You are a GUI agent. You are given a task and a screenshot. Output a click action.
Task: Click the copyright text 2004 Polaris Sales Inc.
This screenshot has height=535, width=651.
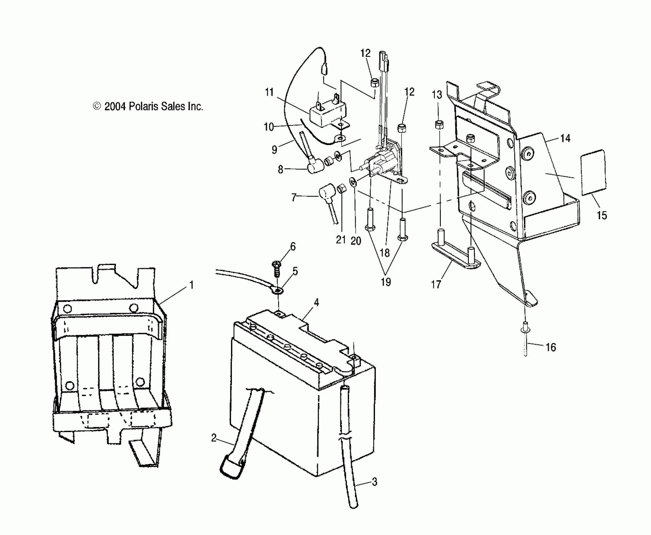coord(148,107)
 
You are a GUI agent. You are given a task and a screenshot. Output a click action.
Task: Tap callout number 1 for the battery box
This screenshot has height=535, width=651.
coord(191,285)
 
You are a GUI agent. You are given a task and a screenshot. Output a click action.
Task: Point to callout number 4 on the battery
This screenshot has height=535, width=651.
coord(316,302)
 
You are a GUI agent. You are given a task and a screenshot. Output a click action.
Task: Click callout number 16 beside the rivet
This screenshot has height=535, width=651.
coord(550,347)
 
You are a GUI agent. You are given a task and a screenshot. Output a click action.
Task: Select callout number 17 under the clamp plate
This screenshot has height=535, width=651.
coord(436,284)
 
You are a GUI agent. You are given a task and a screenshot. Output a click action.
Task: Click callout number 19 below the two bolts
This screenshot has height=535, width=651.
coord(386,282)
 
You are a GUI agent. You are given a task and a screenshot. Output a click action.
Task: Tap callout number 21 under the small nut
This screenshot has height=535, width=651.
coord(341,240)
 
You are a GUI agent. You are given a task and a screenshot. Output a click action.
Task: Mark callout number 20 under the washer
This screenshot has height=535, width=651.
coord(356,241)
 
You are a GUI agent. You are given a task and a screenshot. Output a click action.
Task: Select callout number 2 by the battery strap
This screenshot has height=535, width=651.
coord(214,437)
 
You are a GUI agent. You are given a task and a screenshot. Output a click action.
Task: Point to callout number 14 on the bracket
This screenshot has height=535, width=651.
coord(565,138)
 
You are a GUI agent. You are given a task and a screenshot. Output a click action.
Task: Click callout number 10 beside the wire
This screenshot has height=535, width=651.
coord(269,127)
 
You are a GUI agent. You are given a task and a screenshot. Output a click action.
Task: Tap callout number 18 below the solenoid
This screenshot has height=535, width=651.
coord(385,253)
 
